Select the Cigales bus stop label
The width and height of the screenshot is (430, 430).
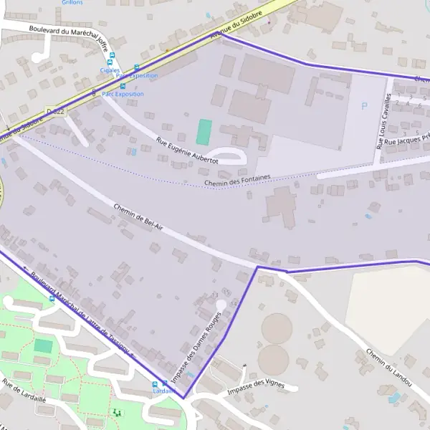point(110,70)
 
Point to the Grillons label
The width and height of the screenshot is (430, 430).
point(72,3)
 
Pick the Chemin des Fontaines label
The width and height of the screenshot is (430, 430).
point(237,181)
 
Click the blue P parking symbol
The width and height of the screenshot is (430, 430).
point(363,106)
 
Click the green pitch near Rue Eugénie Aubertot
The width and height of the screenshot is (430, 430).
point(204,131)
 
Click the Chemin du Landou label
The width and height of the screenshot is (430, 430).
point(388,368)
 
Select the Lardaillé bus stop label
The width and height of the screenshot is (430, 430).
point(164,391)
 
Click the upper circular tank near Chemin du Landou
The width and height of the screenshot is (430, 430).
point(277,328)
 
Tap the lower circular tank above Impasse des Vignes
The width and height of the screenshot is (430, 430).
point(273,358)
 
